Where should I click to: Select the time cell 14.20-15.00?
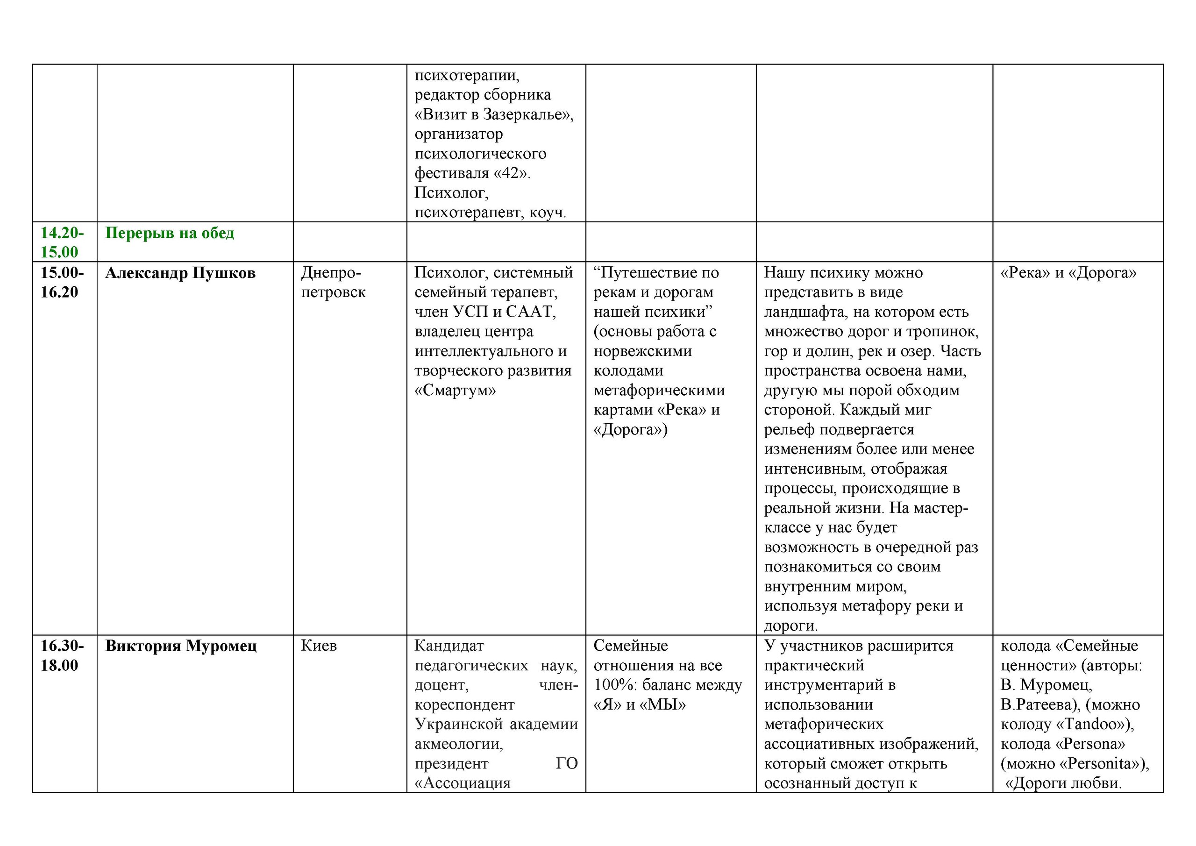pyautogui.click(x=62, y=242)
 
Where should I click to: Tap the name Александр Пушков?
pyautogui.click(x=180, y=273)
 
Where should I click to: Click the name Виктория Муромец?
pyautogui.click(x=181, y=646)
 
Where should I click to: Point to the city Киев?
pyautogui.click(x=319, y=646)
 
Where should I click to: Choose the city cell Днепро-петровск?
pyautogui.click(x=334, y=282)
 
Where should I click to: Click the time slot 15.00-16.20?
pyautogui.click(x=62, y=282)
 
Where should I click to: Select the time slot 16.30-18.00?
pyautogui.click(x=62, y=655)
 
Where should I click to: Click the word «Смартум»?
pyautogui.click(x=455, y=390)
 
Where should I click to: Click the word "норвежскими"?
pyautogui.click(x=643, y=351)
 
